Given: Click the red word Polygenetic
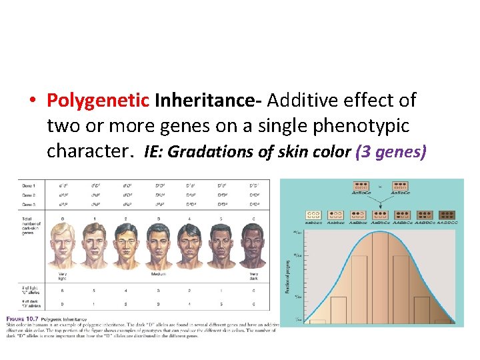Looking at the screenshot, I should click(x=98, y=101).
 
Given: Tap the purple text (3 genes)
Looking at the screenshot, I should click(x=391, y=152).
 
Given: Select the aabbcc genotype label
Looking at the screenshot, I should click(x=313, y=223).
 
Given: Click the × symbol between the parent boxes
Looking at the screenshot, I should click(x=379, y=187).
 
